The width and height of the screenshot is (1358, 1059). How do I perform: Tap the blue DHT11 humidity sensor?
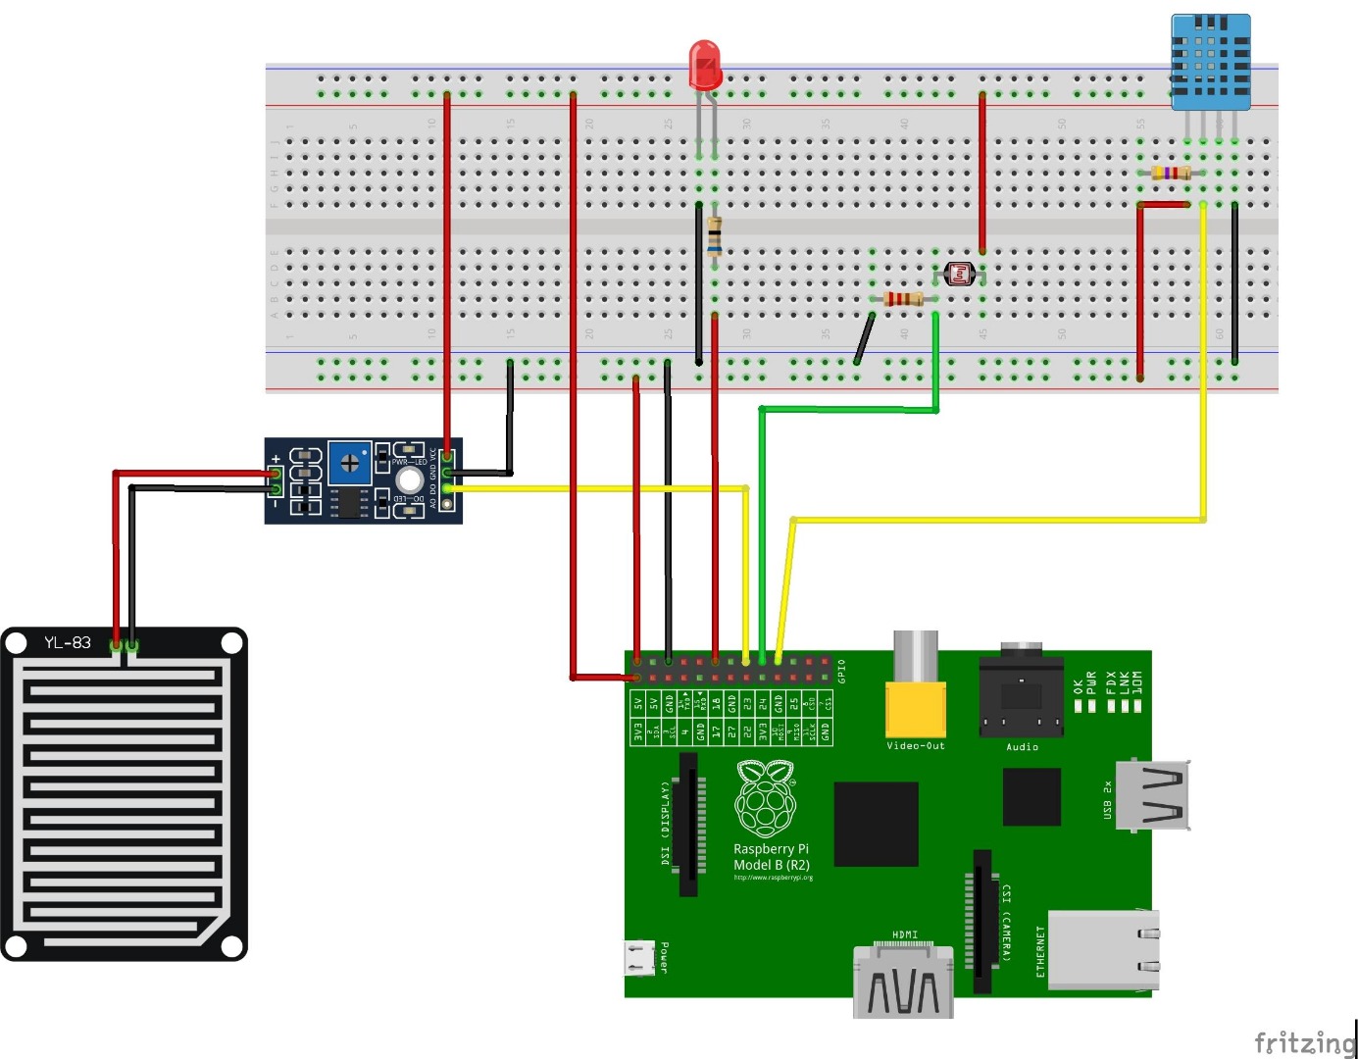(x=1211, y=62)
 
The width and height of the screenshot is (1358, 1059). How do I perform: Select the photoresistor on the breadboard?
(x=959, y=274)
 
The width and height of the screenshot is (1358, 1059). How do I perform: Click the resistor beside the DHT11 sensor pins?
(x=1171, y=173)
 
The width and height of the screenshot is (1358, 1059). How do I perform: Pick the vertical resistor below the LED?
(x=715, y=234)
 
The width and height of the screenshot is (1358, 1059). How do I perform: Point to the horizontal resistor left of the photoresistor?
(x=902, y=298)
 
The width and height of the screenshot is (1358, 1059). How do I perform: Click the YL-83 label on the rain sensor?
(x=68, y=643)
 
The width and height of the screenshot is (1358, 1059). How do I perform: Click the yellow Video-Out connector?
(x=916, y=708)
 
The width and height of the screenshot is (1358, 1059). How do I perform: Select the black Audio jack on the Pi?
(x=1022, y=696)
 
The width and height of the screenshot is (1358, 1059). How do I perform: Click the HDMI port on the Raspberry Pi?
(x=903, y=983)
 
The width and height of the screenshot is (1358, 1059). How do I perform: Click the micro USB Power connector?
(x=640, y=958)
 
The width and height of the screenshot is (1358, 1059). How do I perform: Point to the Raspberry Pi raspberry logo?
(x=766, y=800)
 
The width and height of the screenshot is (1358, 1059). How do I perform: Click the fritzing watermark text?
(x=1304, y=1041)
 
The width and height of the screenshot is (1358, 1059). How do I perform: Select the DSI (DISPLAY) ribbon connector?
(x=688, y=824)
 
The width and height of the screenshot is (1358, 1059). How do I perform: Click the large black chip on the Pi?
(x=876, y=824)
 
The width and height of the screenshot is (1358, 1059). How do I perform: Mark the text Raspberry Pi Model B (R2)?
(x=772, y=857)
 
